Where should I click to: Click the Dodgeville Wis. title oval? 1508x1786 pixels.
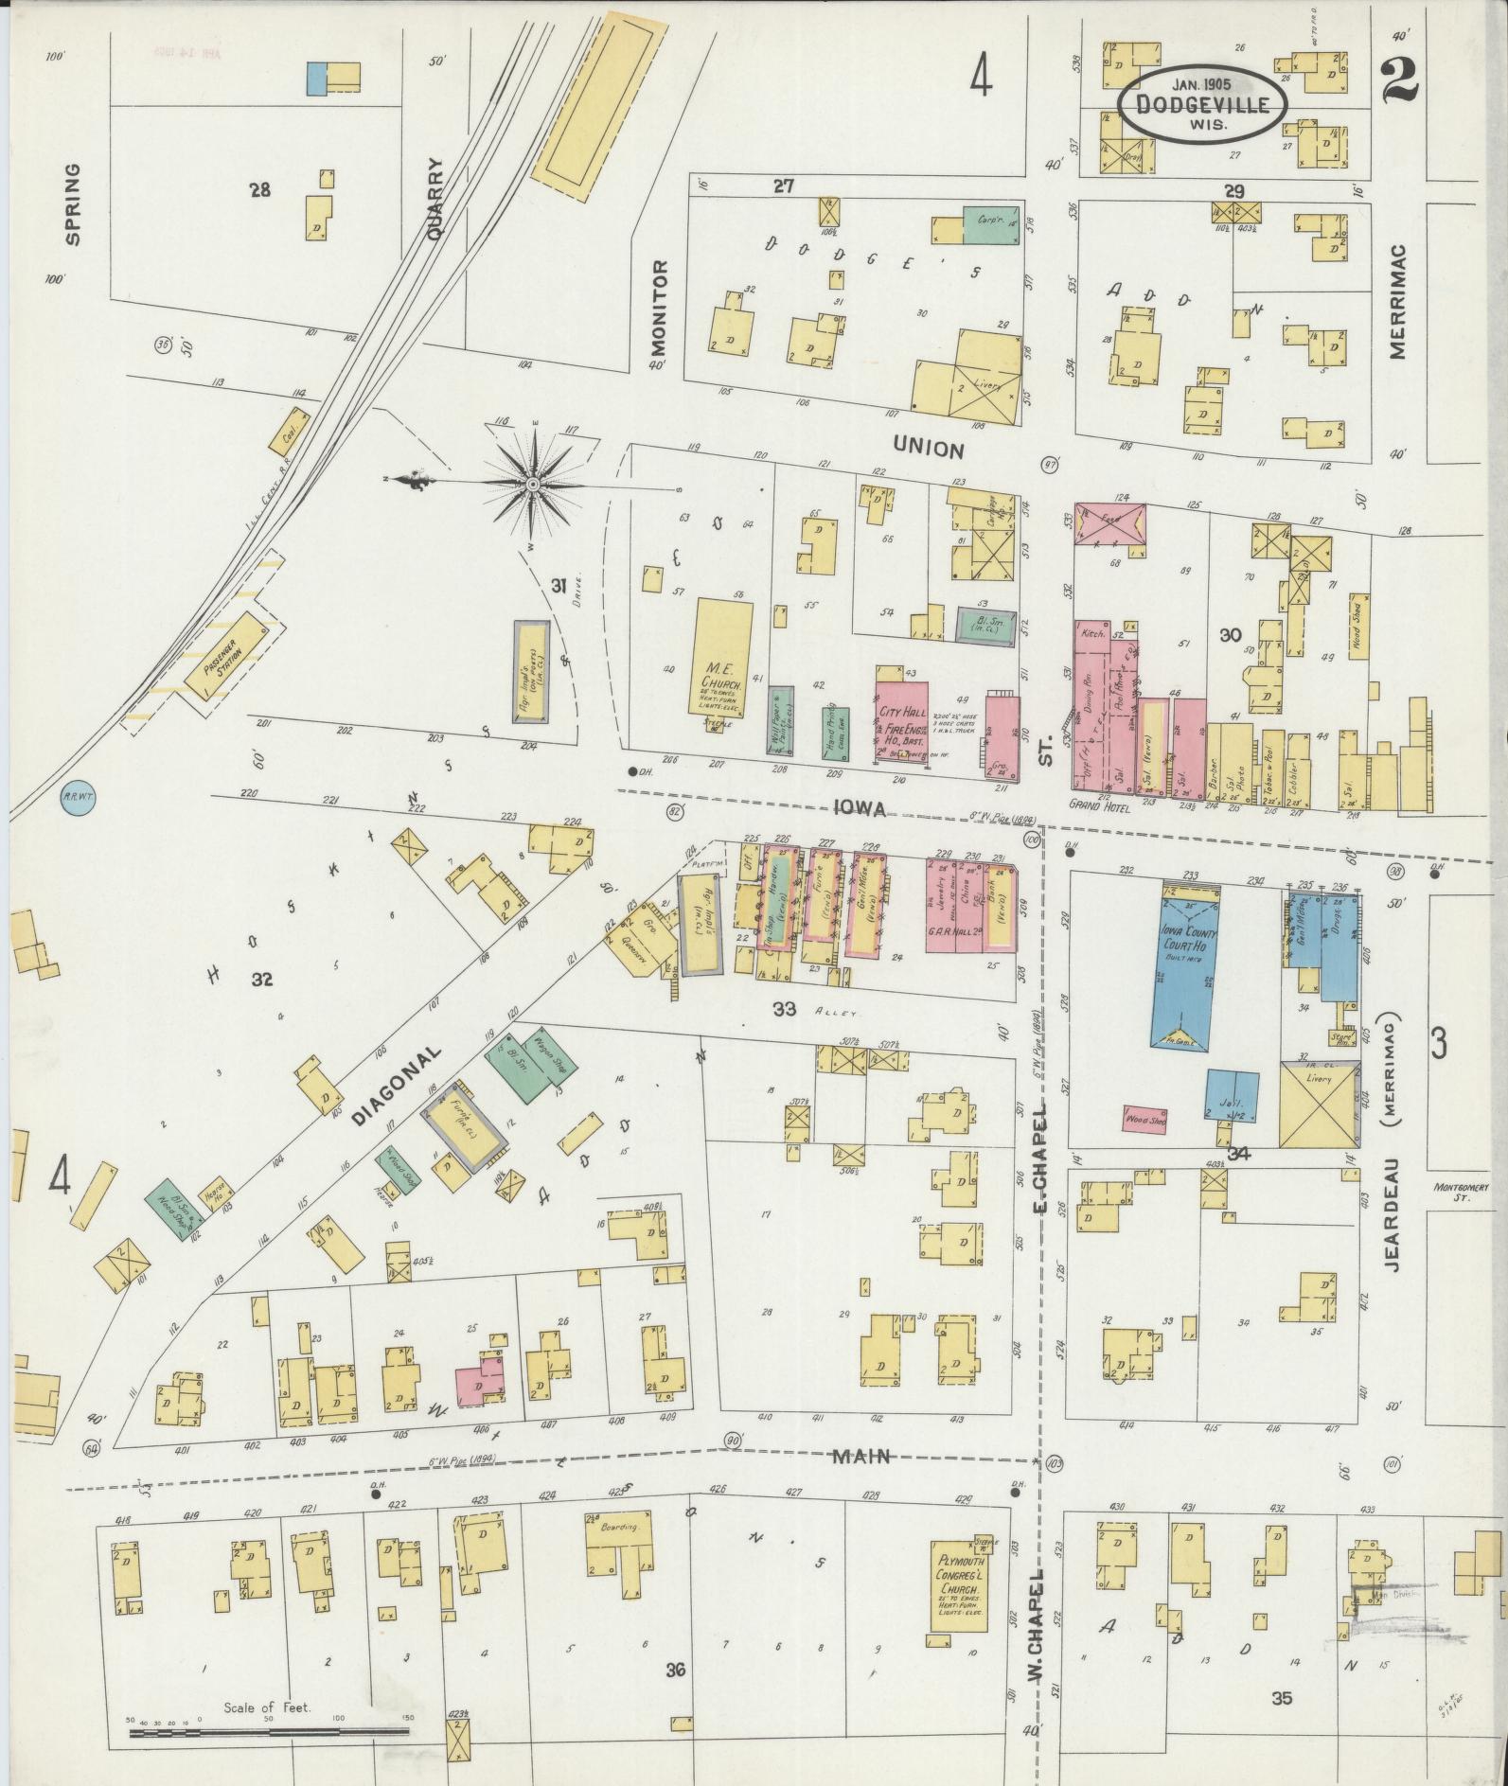point(1202,105)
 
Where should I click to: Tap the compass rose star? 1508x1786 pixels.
point(533,486)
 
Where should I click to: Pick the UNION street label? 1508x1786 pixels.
point(928,450)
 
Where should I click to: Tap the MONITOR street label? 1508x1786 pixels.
point(660,307)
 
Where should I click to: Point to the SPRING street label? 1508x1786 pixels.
point(73,203)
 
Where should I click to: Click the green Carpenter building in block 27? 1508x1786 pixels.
point(989,222)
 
